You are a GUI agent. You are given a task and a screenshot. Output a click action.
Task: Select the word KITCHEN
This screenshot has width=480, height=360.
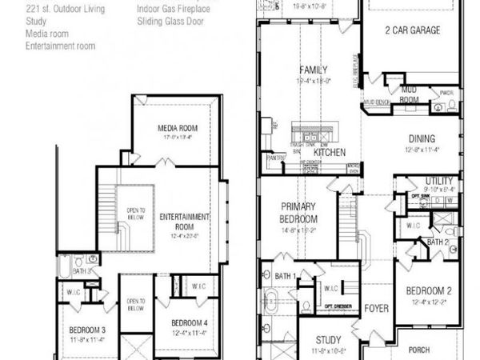[329, 152]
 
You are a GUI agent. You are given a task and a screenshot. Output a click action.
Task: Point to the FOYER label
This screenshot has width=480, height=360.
[376, 307]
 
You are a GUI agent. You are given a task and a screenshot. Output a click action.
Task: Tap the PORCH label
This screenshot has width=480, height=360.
[419, 349]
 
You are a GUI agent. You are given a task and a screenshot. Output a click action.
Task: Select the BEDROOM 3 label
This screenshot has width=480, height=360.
[87, 330]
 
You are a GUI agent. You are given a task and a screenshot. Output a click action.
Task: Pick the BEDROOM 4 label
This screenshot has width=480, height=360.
[190, 323]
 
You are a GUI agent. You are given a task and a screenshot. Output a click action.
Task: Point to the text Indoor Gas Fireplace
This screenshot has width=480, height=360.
[174, 9]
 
